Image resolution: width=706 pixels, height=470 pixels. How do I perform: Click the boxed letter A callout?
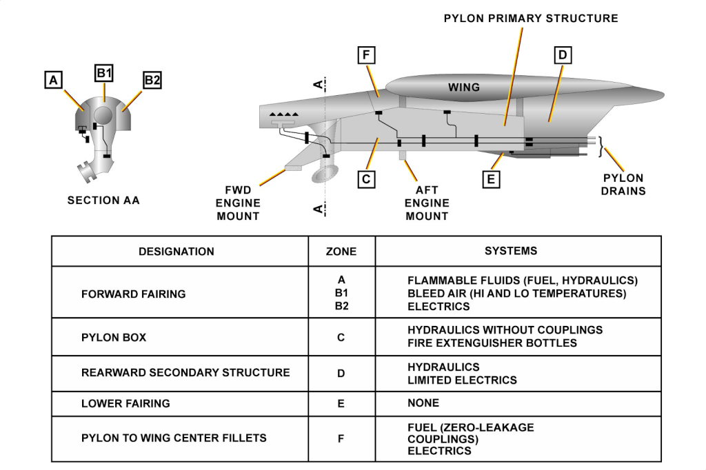pyautogui.click(x=52, y=81)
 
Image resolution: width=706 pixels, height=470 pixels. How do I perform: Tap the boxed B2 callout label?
pyautogui.click(x=152, y=80)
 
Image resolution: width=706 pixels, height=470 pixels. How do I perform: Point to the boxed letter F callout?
pyautogui.click(x=367, y=56)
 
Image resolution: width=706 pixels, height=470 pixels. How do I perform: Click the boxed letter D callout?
pyautogui.click(x=563, y=55)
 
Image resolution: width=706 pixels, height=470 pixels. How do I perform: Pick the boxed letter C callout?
pyautogui.click(x=367, y=179)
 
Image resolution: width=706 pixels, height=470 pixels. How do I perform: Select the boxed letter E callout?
pyautogui.click(x=491, y=179)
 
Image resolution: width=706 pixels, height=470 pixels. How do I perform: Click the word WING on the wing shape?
pyautogui.click(x=464, y=88)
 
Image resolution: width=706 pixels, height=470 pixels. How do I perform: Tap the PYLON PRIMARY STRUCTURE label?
pyautogui.click(x=530, y=19)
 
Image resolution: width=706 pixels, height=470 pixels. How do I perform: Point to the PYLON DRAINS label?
pyautogui.click(x=623, y=184)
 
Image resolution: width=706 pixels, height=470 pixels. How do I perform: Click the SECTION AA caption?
pyautogui.click(x=103, y=201)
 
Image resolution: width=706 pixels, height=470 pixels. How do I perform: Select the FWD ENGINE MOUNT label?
pyautogui.click(x=238, y=203)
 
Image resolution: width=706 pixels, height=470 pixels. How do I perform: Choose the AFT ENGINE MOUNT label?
pyautogui.click(x=426, y=203)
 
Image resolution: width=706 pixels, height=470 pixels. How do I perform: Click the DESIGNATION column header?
pyautogui.click(x=176, y=252)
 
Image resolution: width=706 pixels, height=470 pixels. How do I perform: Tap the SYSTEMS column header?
pyautogui.click(x=511, y=251)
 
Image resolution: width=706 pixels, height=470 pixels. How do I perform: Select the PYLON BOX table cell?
pyautogui.click(x=114, y=338)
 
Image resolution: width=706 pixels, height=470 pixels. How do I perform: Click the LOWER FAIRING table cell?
pyautogui.click(x=125, y=403)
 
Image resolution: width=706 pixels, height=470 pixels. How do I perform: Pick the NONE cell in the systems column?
pyautogui.click(x=423, y=403)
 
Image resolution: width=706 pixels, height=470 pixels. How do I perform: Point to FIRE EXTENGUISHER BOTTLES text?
pyautogui.click(x=492, y=343)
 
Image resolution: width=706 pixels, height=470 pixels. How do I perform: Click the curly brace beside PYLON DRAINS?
pyautogui.click(x=601, y=146)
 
